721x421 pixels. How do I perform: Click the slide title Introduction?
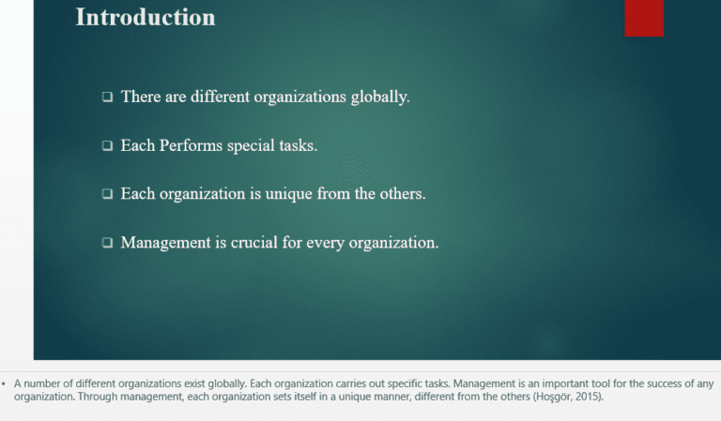click(145, 17)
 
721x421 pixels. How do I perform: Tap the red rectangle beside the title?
click(644, 17)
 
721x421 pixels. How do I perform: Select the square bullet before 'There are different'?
click(108, 97)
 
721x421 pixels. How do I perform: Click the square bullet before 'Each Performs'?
click(108, 146)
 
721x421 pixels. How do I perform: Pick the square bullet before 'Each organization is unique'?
click(108, 194)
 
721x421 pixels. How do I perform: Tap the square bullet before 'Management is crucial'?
click(108, 243)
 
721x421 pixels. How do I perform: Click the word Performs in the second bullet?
click(192, 145)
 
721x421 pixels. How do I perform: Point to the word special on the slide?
click(251, 145)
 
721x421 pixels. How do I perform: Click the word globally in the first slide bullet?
click(378, 97)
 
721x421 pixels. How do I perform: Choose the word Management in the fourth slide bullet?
click(166, 243)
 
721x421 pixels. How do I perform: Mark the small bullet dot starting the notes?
click(4, 383)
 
